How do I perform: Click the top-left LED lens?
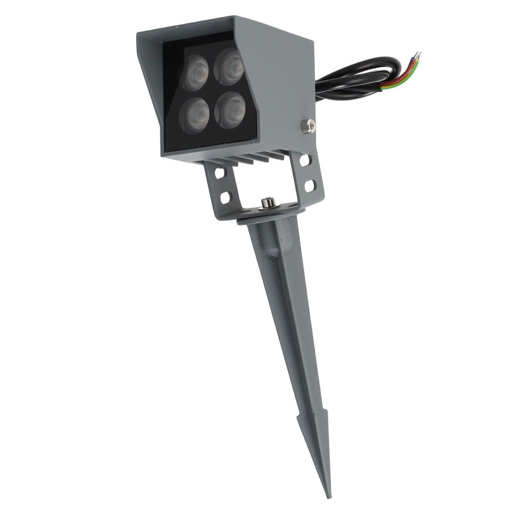pos(196,71)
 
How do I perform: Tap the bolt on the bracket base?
pos(268,203)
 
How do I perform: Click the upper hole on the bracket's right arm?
pos(305,161)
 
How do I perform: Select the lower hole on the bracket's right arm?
pos(309,186)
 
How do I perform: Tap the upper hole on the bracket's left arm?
pos(219,173)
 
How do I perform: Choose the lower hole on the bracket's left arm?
pos(224,198)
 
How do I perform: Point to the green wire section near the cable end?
pos(396,81)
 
